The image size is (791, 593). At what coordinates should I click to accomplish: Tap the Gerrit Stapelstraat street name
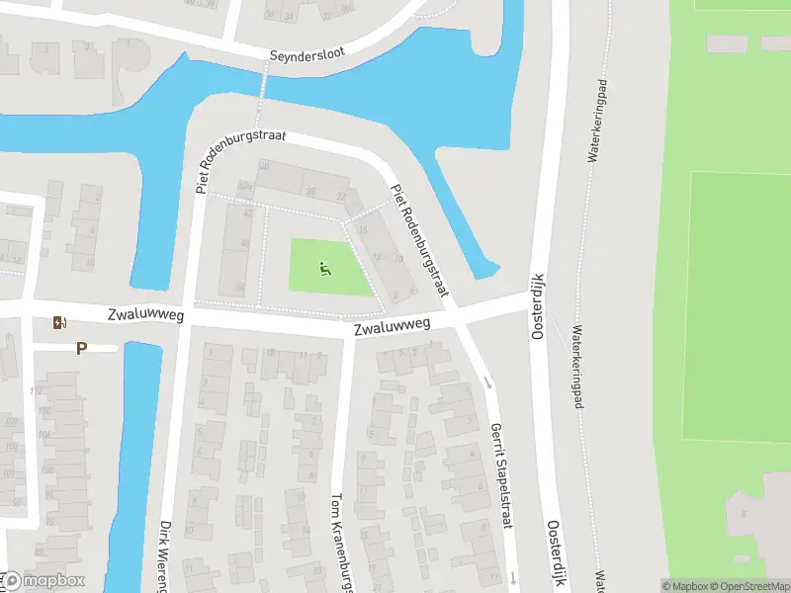click(501, 477)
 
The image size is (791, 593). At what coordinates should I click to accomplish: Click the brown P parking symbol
click(81, 348)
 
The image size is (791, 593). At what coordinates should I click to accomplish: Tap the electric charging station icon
click(59, 322)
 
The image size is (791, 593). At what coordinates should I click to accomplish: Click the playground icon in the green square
click(325, 267)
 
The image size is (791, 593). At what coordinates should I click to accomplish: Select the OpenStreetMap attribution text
click(747, 586)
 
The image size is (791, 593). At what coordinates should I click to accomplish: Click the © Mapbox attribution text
click(683, 586)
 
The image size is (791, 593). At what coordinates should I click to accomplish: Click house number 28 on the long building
click(310, 191)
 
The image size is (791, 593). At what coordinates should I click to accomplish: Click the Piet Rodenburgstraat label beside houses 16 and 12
click(420, 241)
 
